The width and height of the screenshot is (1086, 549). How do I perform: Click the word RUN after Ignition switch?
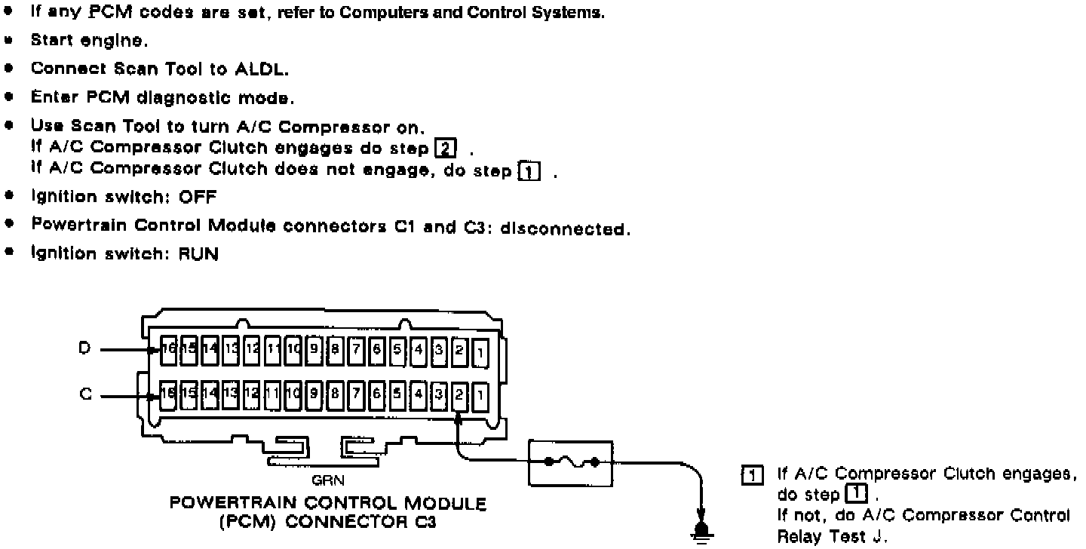199,255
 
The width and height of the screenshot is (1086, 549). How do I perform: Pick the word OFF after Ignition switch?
198,198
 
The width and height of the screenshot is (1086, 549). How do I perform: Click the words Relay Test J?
818,536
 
